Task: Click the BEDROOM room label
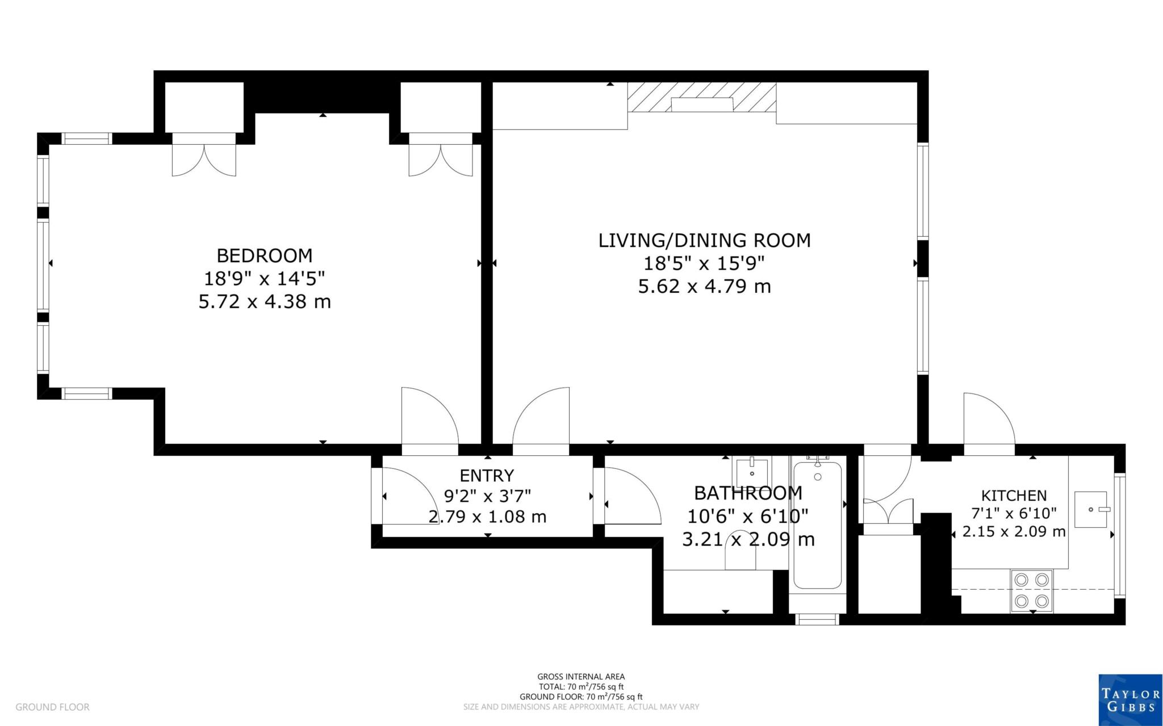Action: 264,255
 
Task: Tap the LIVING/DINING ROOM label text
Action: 704,240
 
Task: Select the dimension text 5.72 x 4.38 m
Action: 264,301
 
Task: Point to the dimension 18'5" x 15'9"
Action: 704,263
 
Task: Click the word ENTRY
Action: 487,475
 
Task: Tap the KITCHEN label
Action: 1014,496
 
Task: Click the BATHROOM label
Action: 748,492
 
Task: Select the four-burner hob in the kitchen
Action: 1031,590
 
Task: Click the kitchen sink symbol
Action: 1090,509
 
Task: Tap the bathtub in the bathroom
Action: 817,525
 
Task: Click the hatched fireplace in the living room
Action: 701,98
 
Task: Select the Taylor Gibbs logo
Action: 1129,699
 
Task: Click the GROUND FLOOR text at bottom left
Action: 52,707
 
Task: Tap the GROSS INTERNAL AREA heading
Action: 581,677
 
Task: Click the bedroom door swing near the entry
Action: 429,417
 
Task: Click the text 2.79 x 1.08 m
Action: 487,517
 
